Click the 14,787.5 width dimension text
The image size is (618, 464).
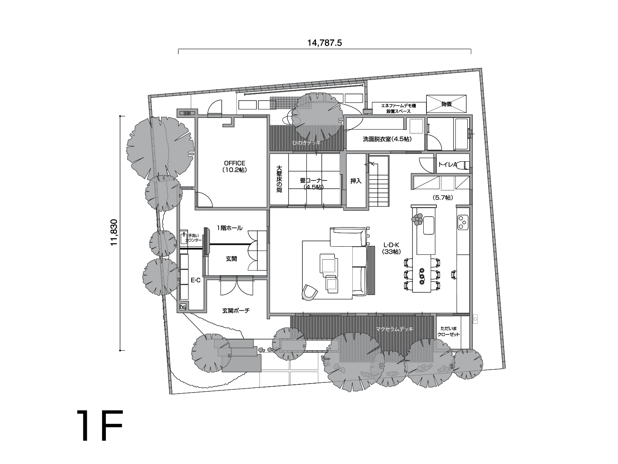tap(324, 43)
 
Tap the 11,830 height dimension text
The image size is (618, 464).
tap(114, 232)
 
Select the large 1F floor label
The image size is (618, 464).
tap(100, 425)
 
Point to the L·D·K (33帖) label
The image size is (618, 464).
tap(391, 248)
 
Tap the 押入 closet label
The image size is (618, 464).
tap(356, 181)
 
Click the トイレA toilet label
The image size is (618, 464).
tap(447, 165)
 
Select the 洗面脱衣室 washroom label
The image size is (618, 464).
tap(387, 139)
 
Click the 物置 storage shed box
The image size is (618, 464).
tap(446, 104)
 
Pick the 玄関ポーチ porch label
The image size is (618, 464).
tap(236, 311)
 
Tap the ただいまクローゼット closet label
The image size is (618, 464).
tap(449, 331)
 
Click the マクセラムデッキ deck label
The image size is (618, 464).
tap(394, 329)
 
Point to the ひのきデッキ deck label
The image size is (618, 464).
tap(306, 143)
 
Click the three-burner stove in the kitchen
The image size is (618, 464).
tap(463, 222)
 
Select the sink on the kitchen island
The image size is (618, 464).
tap(429, 225)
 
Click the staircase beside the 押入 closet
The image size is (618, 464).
tap(379, 182)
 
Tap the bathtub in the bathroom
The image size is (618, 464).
tap(461, 134)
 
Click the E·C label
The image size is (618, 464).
tap(196, 280)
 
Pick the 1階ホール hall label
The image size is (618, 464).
tap(230, 228)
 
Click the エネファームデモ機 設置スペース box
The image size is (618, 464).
tap(399, 108)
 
